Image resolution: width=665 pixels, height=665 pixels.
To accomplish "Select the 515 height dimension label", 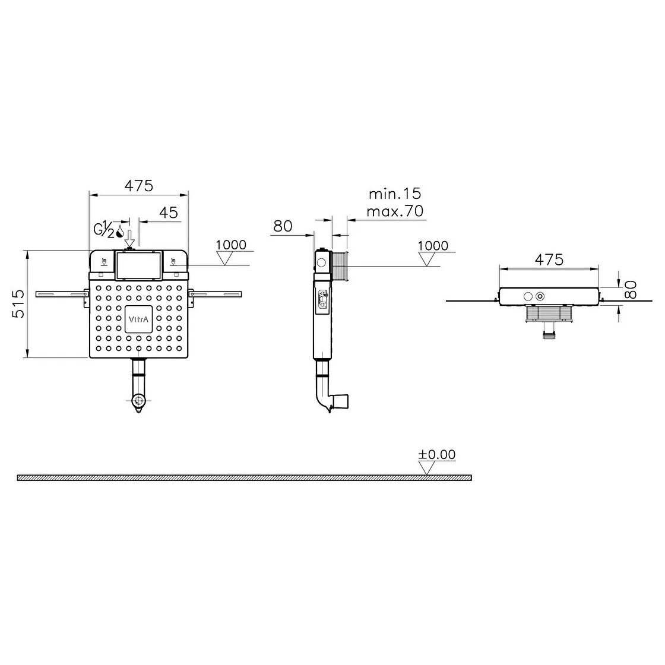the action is (x=19, y=304).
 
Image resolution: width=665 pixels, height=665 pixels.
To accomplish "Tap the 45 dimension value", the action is (x=169, y=213).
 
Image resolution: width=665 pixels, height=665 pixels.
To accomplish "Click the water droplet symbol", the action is (x=120, y=232).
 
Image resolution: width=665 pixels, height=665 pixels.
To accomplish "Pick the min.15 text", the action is (x=395, y=194).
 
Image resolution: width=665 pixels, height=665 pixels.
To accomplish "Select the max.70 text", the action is (x=395, y=211).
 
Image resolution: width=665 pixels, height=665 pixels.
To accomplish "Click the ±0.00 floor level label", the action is (x=436, y=454).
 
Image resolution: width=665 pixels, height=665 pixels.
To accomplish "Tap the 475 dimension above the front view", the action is (x=139, y=186).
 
